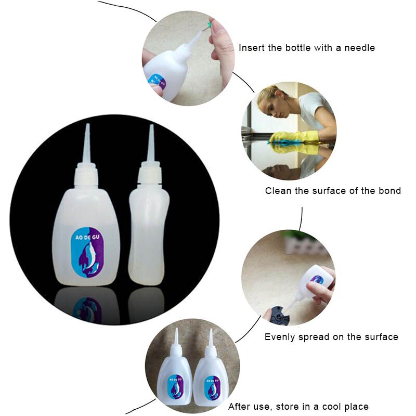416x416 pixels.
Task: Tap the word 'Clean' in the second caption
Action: click(278, 191)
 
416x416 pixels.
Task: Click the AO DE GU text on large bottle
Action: click(84, 237)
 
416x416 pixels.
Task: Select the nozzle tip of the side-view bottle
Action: click(151, 127)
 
